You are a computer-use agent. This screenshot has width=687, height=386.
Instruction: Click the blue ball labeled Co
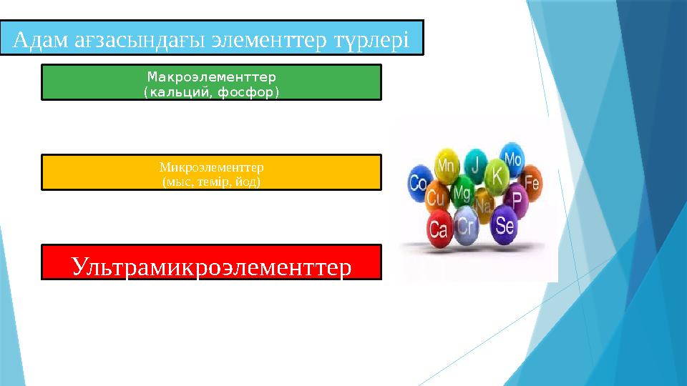click(419, 183)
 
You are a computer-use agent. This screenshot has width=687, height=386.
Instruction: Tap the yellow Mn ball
click(447, 167)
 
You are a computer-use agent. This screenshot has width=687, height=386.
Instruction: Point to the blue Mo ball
click(513, 159)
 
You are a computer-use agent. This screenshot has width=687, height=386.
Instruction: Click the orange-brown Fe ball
click(531, 182)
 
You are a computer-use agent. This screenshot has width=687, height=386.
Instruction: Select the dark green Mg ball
click(462, 192)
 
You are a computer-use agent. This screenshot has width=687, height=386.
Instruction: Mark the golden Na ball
click(484, 206)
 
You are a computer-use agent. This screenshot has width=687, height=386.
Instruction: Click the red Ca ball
click(438, 229)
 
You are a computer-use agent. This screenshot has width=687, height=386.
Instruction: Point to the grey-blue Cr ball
click(466, 224)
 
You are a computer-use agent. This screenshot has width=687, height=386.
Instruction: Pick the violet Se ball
click(504, 226)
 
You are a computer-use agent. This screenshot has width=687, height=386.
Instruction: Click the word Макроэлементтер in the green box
click(211, 75)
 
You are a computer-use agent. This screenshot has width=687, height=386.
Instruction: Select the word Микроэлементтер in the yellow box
click(211, 167)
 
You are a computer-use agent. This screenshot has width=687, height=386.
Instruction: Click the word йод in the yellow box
click(250, 182)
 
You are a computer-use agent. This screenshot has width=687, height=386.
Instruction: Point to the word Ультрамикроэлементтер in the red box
click(211, 267)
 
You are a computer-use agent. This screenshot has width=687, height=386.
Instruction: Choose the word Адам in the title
click(41, 39)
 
